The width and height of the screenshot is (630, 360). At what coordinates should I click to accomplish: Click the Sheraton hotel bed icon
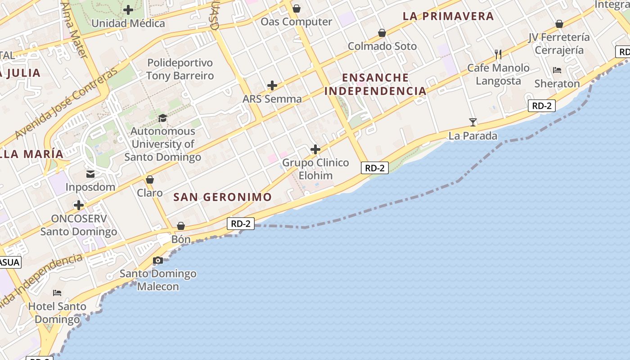click(x=557, y=70)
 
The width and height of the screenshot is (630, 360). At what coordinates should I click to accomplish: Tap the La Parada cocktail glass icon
click(x=473, y=122)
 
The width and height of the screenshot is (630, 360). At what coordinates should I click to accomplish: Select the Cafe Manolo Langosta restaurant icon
click(x=498, y=54)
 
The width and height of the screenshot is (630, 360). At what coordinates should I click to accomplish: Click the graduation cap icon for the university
click(x=162, y=118)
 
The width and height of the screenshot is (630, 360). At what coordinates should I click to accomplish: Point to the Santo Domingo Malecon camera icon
click(x=158, y=260)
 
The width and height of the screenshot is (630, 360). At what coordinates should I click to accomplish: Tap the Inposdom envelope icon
click(x=90, y=174)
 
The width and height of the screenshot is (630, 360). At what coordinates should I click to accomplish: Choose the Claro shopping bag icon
click(x=150, y=180)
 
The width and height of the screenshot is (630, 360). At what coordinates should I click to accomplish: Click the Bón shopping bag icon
click(x=181, y=226)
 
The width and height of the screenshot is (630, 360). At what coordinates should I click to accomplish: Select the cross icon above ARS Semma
click(x=272, y=85)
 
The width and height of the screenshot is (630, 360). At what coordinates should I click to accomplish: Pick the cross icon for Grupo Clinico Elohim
click(x=315, y=149)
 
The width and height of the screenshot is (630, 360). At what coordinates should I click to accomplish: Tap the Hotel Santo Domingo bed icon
click(x=57, y=293)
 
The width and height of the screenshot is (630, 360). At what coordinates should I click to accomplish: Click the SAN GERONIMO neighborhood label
click(x=223, y=197)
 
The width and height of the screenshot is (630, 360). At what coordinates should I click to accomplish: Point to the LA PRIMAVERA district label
click(x=448, y=16)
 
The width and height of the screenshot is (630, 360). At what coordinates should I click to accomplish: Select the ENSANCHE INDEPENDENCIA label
click(x=375, y=84)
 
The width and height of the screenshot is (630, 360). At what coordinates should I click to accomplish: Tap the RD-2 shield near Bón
click(x=241, y=223)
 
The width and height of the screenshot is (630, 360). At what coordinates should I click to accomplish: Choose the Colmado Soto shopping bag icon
click(x=382, y=33)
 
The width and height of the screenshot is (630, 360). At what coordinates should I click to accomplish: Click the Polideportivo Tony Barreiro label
click(x=180, y=69)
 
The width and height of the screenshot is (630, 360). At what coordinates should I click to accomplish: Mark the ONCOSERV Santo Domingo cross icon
click(x=79, y=206)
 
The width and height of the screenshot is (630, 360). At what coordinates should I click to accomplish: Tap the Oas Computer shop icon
click(x=297, y=9)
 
